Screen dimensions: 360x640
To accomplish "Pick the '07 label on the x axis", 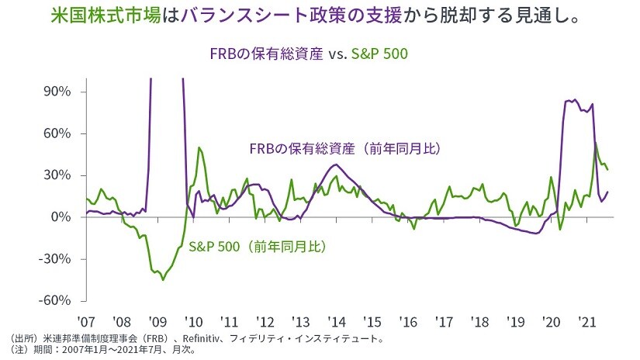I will point(85,320).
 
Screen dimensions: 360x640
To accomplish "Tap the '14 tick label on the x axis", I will point(335,320).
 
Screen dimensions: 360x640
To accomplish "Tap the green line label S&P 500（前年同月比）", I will point(257,247).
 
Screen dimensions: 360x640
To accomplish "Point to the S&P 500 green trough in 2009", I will point(163,279).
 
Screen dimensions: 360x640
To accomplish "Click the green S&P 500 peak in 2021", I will point(596,143).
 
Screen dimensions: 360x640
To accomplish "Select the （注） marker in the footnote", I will point(19,350).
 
